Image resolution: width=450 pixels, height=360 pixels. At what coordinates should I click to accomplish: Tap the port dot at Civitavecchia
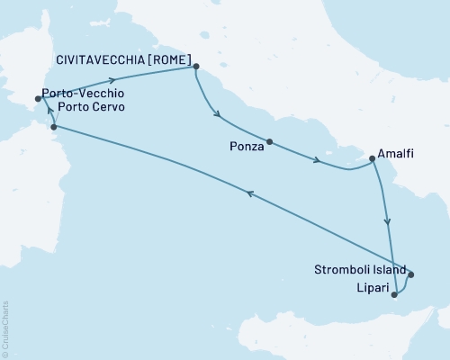pos(196,66)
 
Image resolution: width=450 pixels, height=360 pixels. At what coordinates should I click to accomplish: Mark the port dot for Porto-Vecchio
pos(38,99)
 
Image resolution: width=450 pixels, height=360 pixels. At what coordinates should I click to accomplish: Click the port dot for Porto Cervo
pos(54,127)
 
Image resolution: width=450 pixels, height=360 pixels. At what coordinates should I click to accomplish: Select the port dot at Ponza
pos(269,142)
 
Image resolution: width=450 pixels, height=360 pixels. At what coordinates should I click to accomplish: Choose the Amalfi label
pos(397,154)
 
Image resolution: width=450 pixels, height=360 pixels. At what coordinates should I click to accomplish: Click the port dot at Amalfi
pos(371,160)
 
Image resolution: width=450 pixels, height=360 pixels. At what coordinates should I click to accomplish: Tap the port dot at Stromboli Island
pos(410,274)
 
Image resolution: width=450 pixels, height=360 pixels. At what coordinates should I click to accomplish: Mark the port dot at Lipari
pos(394,293)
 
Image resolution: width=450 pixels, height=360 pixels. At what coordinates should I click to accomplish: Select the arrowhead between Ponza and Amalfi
pos(318,161)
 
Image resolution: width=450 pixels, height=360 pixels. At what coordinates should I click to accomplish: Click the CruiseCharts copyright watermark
pos(5,328)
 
